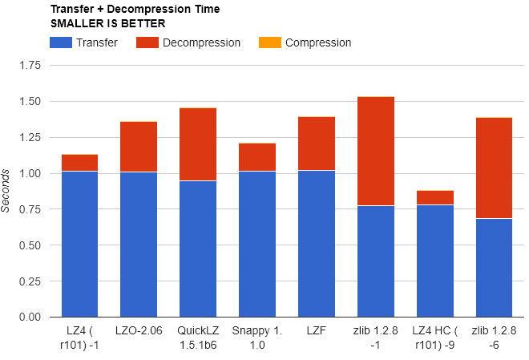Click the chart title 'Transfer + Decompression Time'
(x=134, y=10)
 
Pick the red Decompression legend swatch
(x=147, y=42)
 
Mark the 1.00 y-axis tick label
(x=28, y=173)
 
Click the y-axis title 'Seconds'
(x=6, y=191)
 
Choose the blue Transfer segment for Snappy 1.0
(x=257, y=244)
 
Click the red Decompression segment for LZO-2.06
(x=139, y=147)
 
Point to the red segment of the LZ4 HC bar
(x=435, y=197)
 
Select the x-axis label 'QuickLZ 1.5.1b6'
(x=198, y=338)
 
